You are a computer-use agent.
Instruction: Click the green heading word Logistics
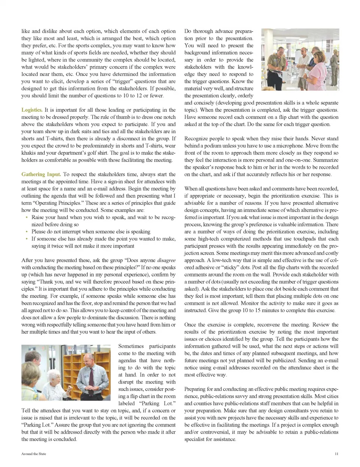(x=32, y=110)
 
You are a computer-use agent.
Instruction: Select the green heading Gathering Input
(x=41, y=174)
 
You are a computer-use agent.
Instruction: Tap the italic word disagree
(x=166, y=260)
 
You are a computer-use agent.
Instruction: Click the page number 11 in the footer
(x=336, y=454)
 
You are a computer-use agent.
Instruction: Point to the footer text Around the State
(x=34, y=454)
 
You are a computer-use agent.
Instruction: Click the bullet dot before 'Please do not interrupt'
(x=27, y=232)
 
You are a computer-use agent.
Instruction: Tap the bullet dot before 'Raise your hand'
(x=27, y=218)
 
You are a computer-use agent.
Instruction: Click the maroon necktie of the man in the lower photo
(x=91, y=377)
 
